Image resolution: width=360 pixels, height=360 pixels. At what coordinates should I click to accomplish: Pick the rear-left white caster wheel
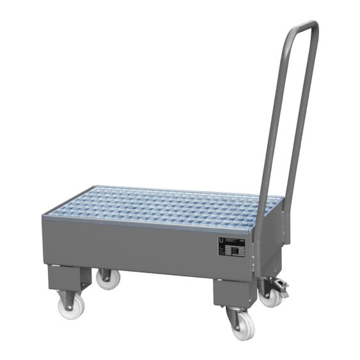[x=107, y=279]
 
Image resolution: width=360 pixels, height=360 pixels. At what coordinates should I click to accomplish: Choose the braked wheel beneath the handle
[x=272, y=296]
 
